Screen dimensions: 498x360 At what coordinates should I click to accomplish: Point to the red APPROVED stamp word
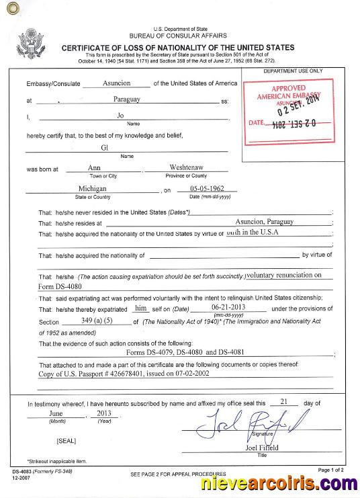pos(289,88)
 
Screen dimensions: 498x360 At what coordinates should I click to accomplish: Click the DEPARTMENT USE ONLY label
pos(293,71)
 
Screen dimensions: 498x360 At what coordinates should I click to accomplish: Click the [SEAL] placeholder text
pos(67,441)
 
